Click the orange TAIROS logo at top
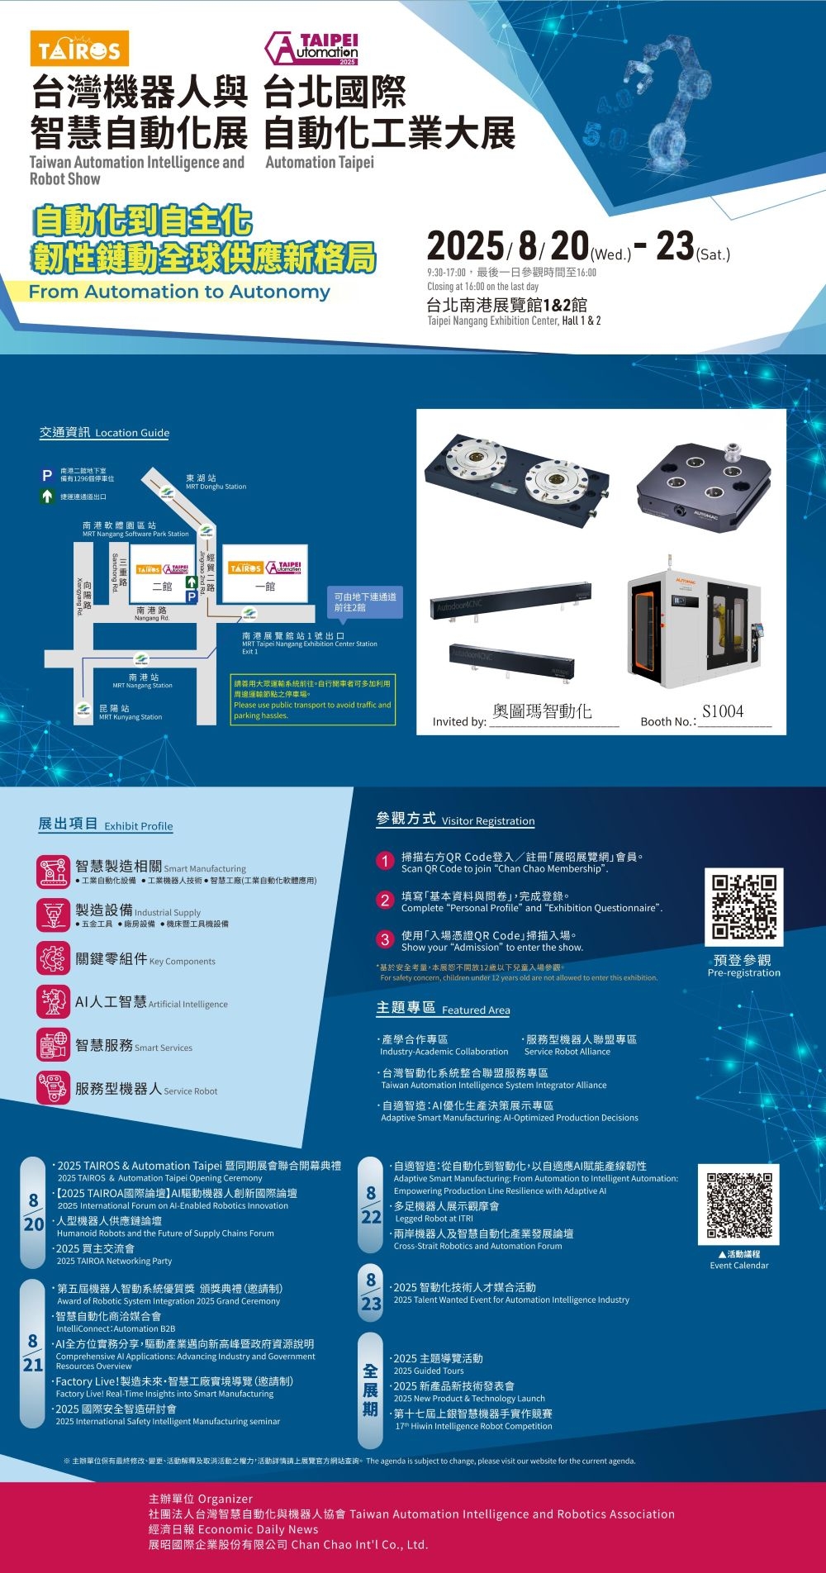pos(79,50)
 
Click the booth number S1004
pos(723,711)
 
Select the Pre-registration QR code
pos(743,906)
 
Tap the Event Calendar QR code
pos(738,1204)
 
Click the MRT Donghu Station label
pos(216,482)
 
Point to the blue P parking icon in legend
pos(48,475)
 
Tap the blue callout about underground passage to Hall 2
pos(365,601)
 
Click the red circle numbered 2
pos(385,901)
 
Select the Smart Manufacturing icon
pos(53,872)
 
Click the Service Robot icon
pos(53,1088)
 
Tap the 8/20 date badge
pos(33,1212)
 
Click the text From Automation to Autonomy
pos(179,292)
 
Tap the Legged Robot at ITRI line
pos(434,1219)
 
